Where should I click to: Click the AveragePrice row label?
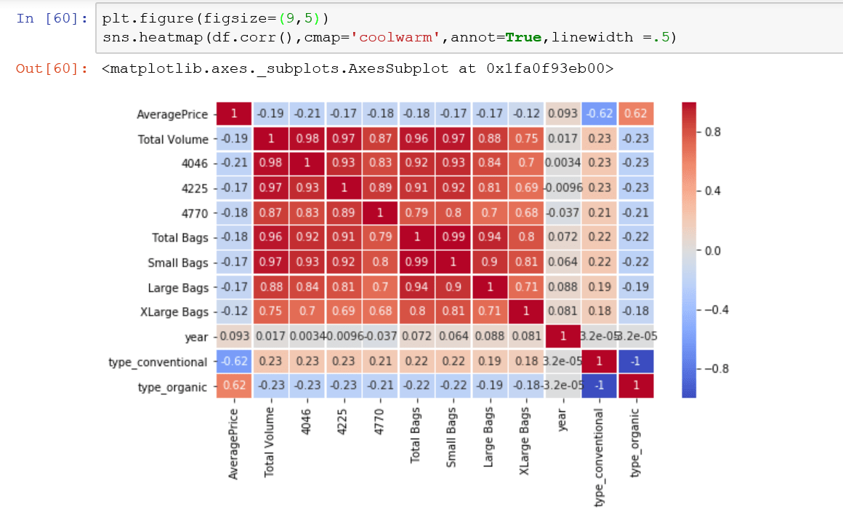tap(172, 114)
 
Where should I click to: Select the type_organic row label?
tap(172, 387)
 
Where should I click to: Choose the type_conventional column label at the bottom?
tap(600, 457)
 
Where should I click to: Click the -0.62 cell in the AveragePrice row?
tap(600, 114)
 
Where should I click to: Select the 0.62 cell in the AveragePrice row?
tap(636, 114)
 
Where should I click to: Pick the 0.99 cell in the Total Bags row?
tap(453, 238)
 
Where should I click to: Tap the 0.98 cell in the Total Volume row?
tap(308, 139)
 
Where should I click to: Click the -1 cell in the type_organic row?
tap(600, 387)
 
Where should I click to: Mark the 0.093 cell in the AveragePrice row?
tap(563, 114)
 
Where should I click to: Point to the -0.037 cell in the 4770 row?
tap(563, 213)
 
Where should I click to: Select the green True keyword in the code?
tap(521, 37)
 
